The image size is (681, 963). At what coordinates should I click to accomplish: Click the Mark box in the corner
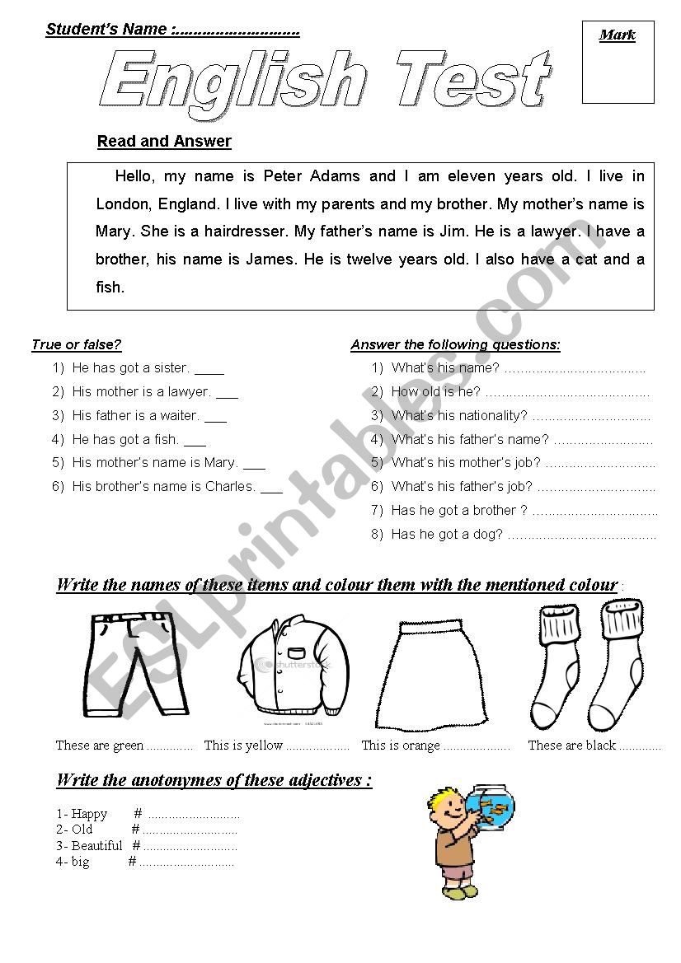618,63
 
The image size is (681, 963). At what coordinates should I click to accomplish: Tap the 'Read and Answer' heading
164,141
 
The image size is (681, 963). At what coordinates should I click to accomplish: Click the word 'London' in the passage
121,203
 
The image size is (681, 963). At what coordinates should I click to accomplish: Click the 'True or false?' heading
77,344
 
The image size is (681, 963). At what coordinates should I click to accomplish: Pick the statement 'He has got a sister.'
131,368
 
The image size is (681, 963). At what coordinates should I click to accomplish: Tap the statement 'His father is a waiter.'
136,415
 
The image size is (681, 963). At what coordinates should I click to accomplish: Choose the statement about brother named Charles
164,486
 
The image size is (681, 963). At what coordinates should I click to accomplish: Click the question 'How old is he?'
436,392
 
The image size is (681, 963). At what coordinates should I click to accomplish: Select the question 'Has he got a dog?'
447,534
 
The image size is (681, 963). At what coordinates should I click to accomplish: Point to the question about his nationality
459,415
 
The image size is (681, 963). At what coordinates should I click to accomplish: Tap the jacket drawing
294,669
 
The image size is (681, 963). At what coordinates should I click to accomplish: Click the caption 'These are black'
572,746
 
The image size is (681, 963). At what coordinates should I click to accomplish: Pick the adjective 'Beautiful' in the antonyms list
96,846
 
